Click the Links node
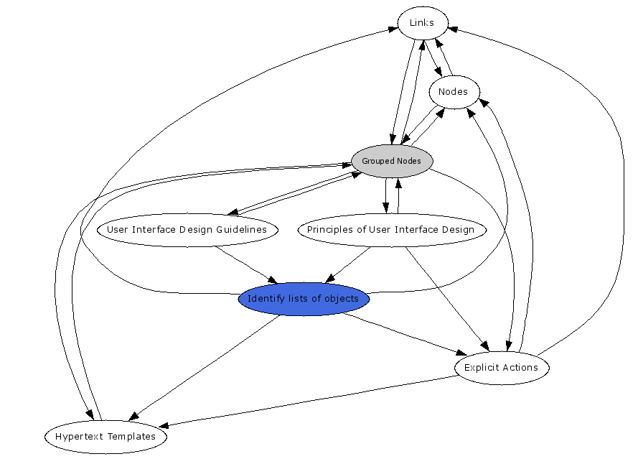point(422,23)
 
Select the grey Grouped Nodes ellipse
point(392,161)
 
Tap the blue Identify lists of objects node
point(303,299)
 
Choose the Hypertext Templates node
point(105,437)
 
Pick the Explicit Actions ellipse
point(501,368)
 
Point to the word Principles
point(329,230)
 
